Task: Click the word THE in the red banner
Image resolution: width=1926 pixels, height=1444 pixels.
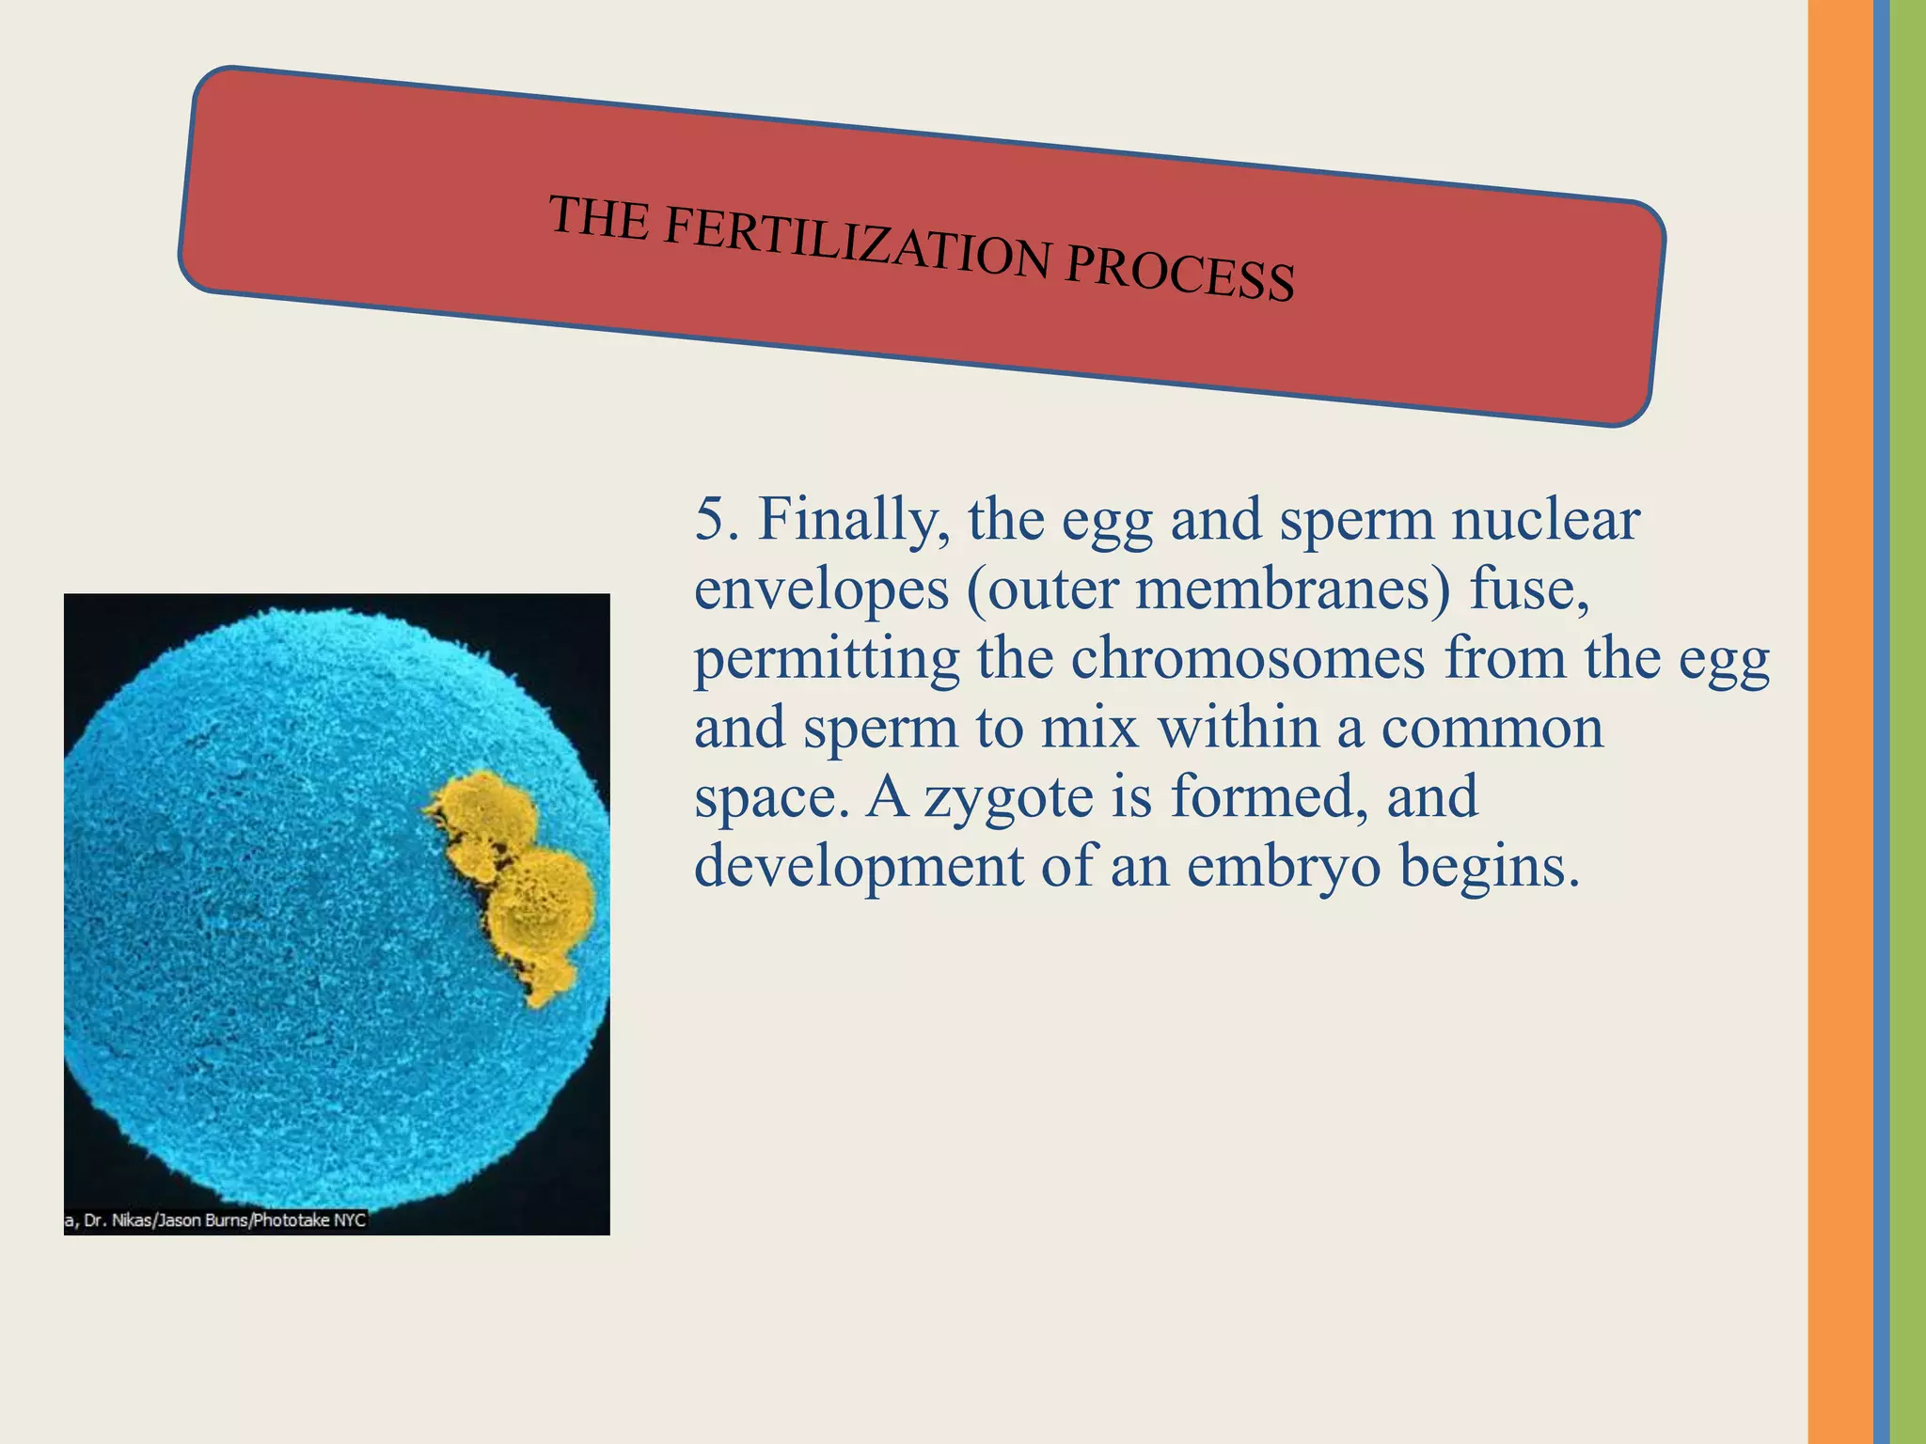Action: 599,217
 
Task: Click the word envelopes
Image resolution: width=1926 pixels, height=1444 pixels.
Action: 821,590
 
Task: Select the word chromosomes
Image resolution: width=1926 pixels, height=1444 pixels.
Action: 1247,658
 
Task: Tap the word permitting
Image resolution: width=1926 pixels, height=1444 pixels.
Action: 826,660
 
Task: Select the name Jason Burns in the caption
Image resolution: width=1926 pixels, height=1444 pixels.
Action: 203,1220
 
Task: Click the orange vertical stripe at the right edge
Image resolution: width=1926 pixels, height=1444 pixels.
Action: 1839,722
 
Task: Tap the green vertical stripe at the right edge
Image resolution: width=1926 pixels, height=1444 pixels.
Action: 1908,722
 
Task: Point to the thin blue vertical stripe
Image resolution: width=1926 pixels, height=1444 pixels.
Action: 1881,722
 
